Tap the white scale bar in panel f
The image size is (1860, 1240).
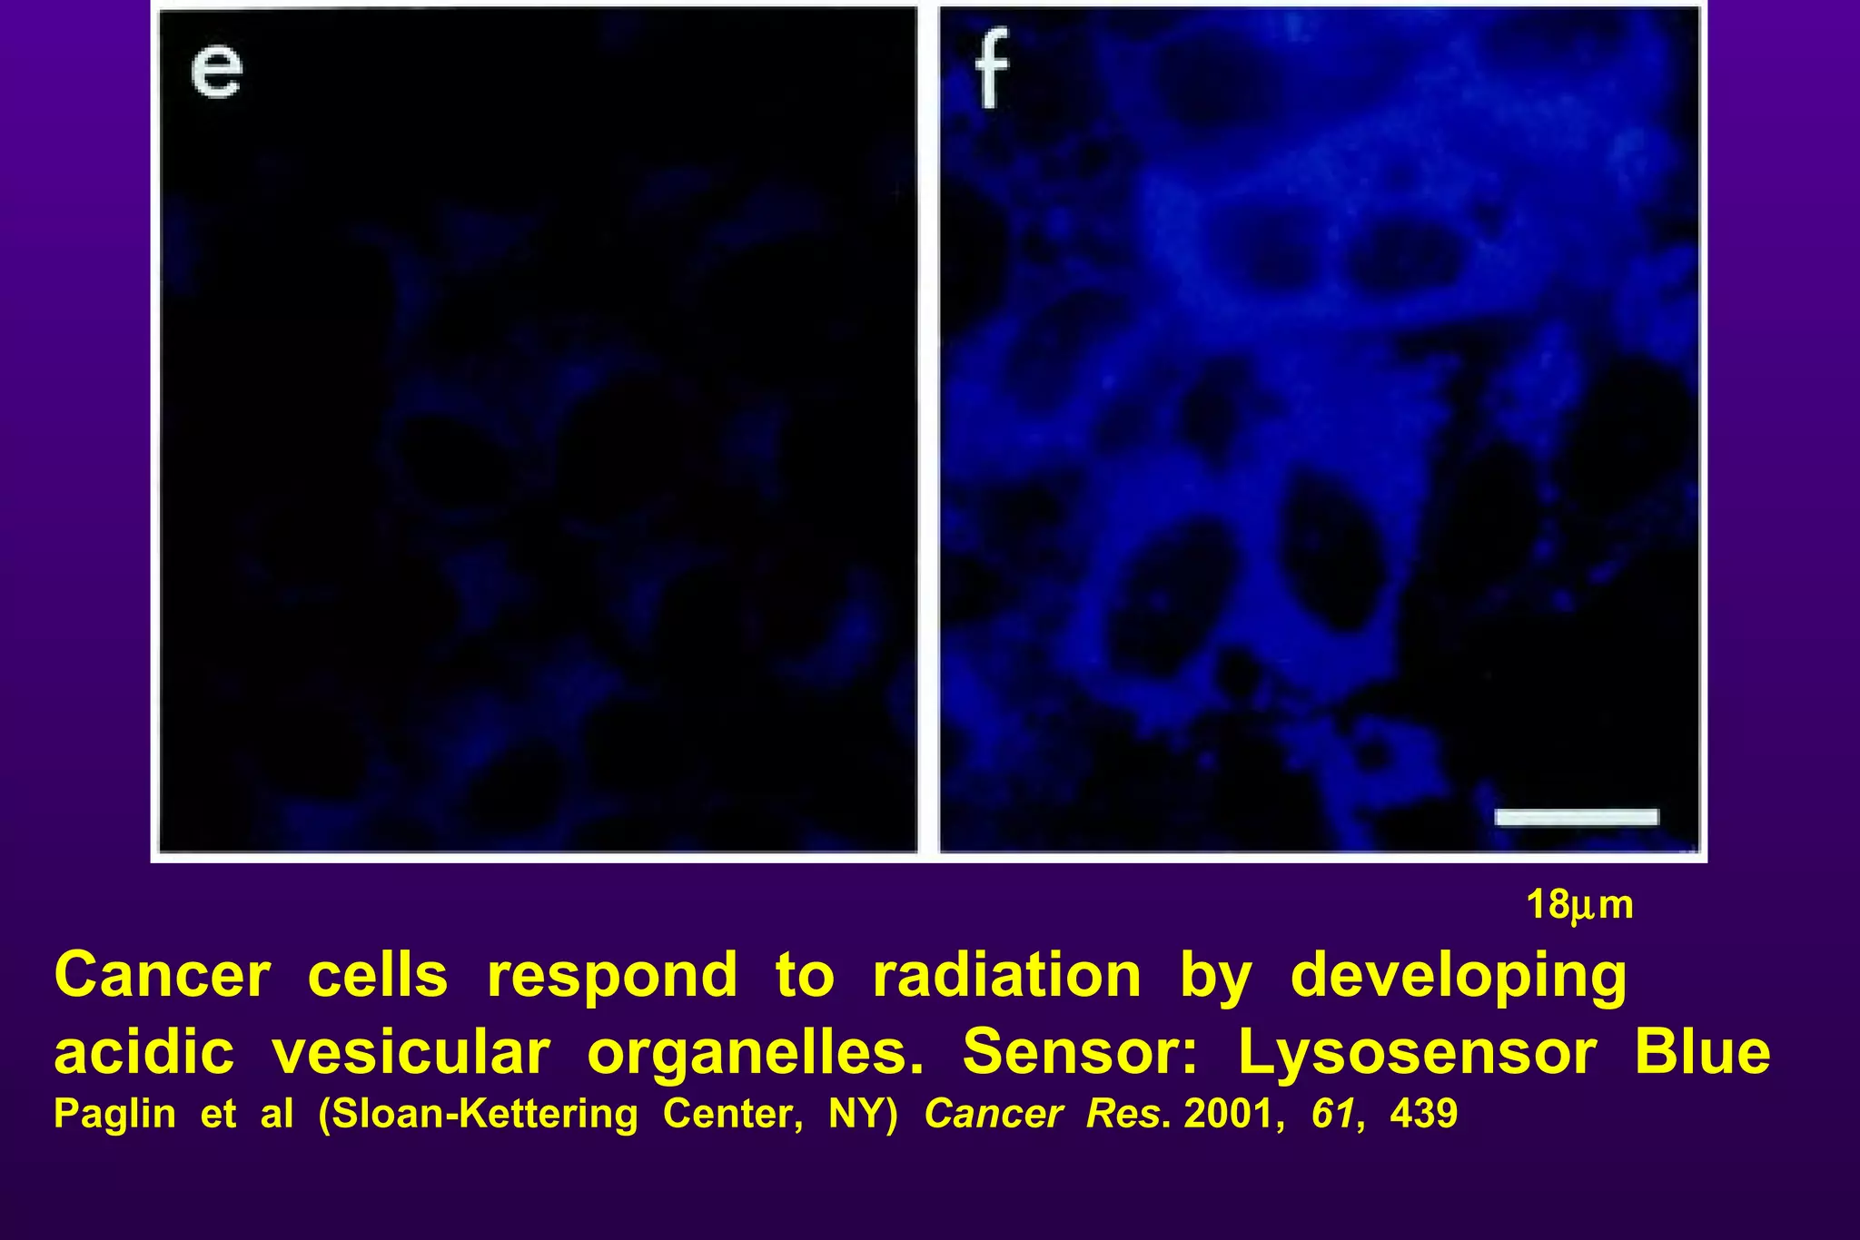tap(1577, 817)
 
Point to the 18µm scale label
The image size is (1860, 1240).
tap(1579, 906)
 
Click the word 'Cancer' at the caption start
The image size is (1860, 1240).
tap(163, 976)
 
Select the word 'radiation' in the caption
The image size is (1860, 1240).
tap(1006, 976)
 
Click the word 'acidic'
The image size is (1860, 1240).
tap(143, 1053)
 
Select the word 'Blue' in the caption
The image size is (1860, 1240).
tap(1702, 1053)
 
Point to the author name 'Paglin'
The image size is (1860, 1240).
tap(114, 1115)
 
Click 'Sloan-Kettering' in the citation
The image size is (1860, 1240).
tap(478, 1115)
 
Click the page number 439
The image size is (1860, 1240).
tap(1424, 1114)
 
